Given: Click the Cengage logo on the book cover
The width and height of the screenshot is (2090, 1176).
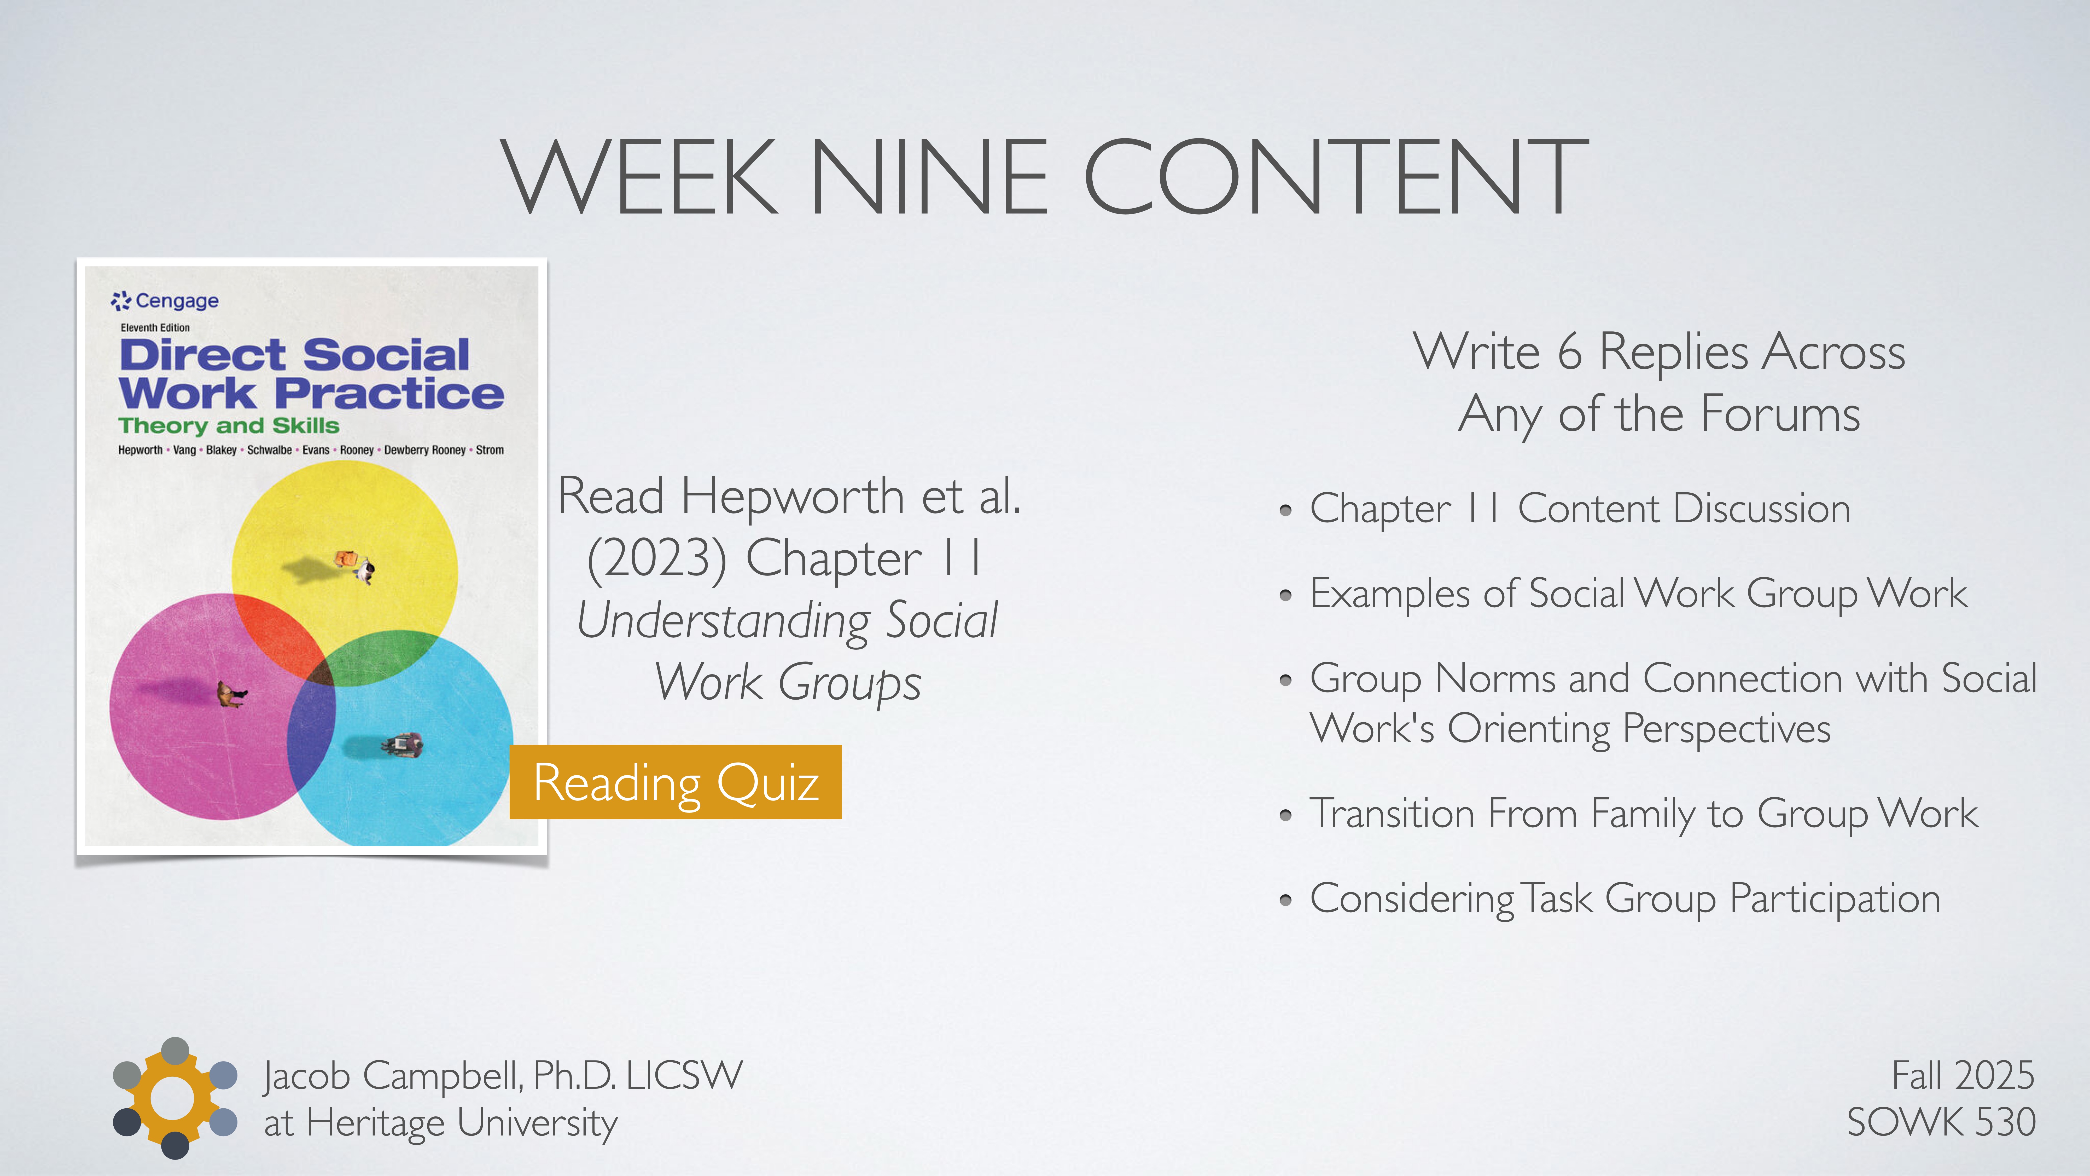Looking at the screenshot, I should coord(165,301).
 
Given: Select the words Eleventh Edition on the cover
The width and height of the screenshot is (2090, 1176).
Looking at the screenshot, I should coord(155,328).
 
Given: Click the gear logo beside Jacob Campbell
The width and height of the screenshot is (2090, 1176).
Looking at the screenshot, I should coord(174,1098).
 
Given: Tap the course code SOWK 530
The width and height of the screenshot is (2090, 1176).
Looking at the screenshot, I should coord(1941,1122).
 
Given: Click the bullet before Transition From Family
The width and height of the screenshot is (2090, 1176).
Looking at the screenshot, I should coord(1285,815).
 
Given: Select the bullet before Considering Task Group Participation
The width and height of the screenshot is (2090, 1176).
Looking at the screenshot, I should coord(1285,900).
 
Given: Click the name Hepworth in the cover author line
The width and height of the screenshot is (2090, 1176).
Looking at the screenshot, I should coord(140,451).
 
